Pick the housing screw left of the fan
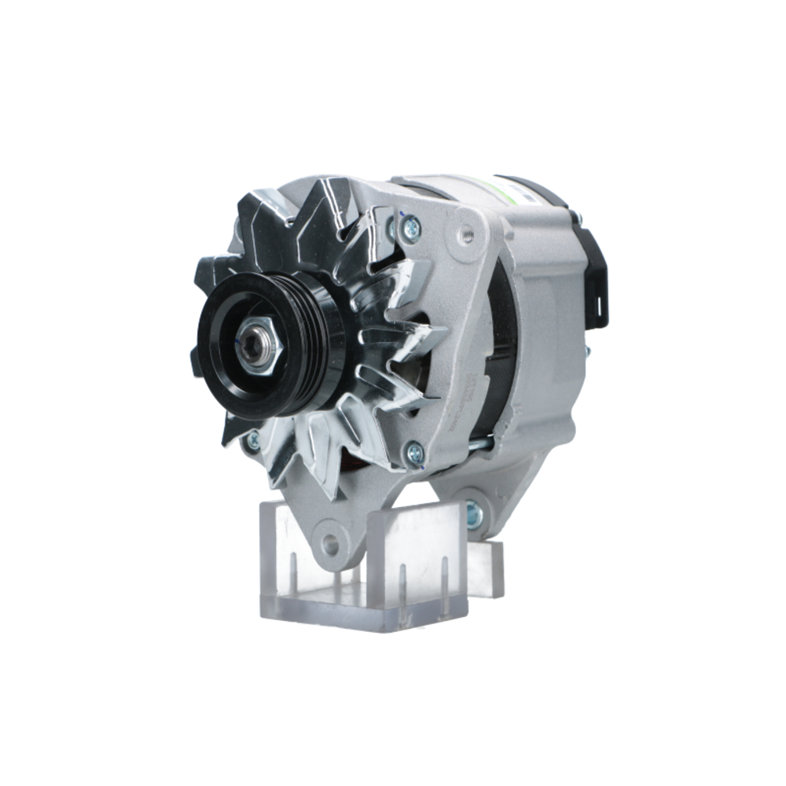tap(252, 441)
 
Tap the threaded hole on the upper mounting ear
tap(466, 232)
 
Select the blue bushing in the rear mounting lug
tap(474, 513)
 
